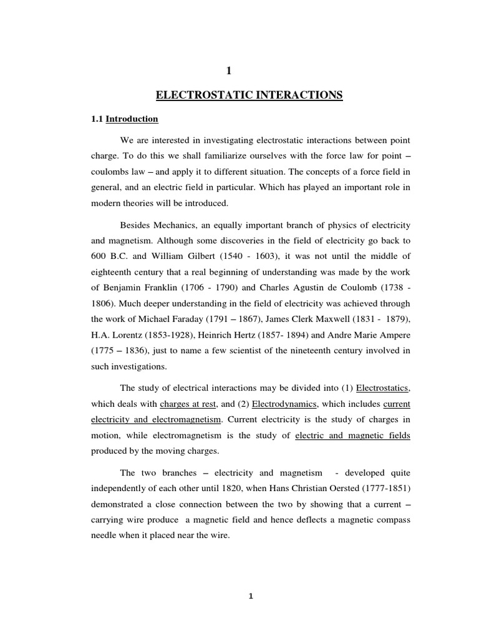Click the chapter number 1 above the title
249,73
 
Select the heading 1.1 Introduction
125,119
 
